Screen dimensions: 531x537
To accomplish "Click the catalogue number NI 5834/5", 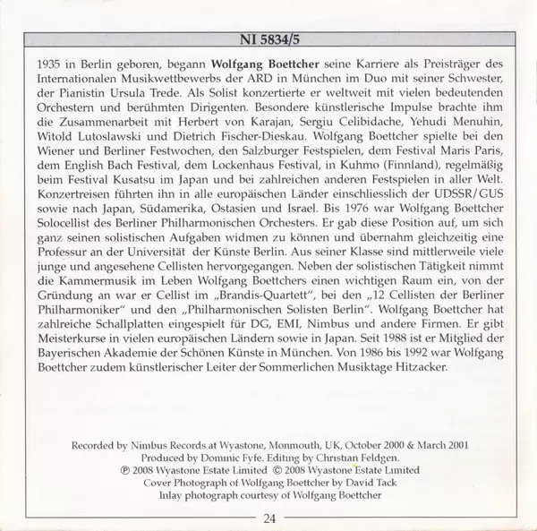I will pos(268,39).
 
